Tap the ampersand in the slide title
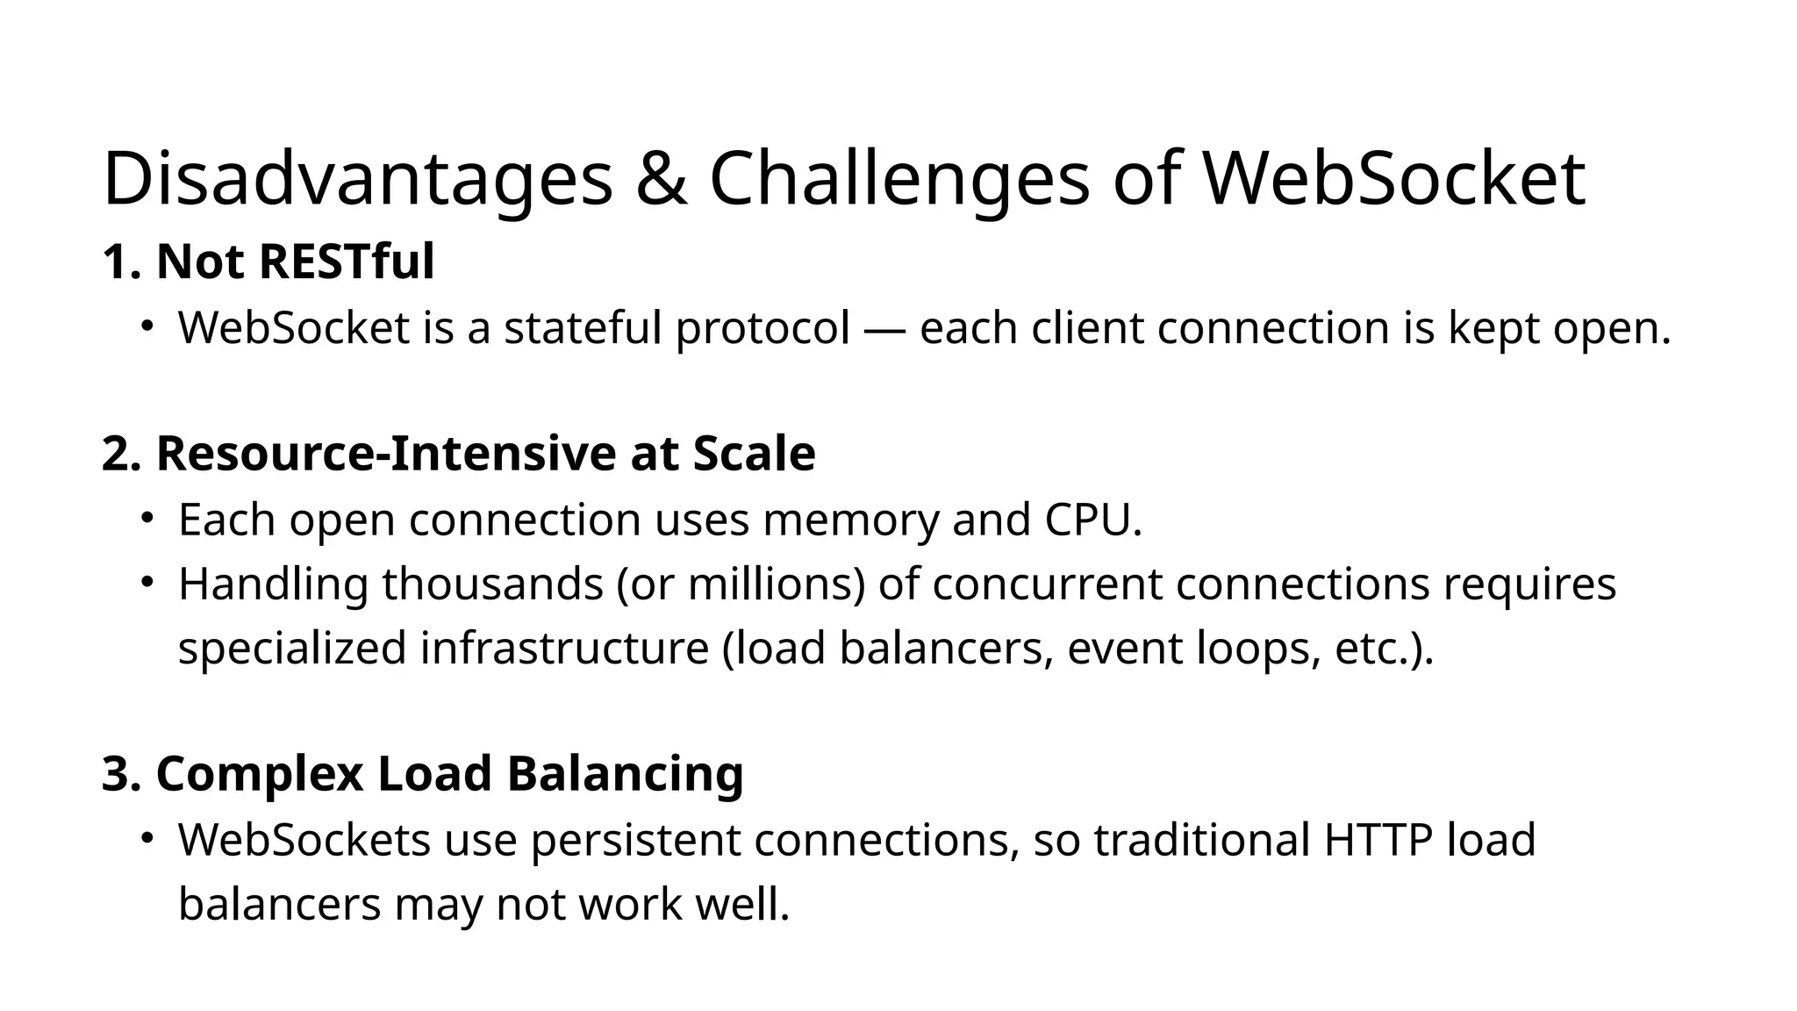(661, 179)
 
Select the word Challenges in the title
(898, 179)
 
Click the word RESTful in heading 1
(346, 262)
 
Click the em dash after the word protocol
(884, 329)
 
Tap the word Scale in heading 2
(754, 454)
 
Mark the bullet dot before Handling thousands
(147, 582)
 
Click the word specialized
(292, 649)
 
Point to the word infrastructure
(564, 649)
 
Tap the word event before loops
(1125, 649)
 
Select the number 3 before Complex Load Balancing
(118, 774)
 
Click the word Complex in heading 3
(259, 774)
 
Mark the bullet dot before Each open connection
(147, 518)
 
